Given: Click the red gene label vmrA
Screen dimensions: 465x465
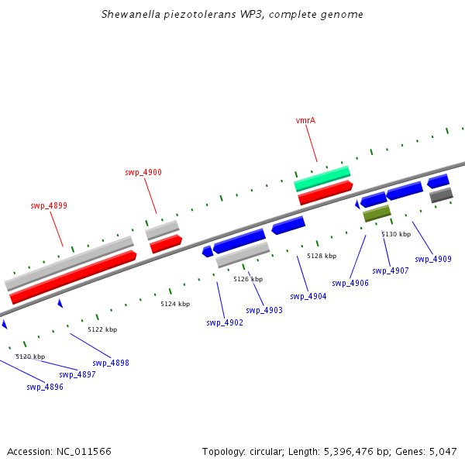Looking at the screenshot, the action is click(x=305, y=120).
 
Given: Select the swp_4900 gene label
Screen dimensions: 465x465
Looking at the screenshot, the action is click(x=143, y=172).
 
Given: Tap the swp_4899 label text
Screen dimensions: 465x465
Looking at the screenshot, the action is click(x=49, y=205).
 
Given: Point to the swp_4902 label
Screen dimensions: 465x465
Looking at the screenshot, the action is click(x=225, y=322).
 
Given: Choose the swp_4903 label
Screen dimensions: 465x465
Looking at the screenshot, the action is click(x=264, y=310).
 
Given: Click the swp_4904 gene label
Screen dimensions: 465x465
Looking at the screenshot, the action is click(x=308, y=296).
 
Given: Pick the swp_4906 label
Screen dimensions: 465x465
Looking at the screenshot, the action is click(x=350, y=283).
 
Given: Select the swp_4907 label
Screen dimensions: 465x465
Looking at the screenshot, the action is click(x=391, y=270).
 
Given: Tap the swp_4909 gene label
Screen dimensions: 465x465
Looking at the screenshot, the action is click(x=433, y=259).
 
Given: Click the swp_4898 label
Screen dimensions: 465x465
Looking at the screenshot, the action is click(x=111, y=363).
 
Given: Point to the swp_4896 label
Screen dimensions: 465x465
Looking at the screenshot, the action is click(x=45, y=387).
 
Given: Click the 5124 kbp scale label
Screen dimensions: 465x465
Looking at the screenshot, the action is click(x=175, y=304).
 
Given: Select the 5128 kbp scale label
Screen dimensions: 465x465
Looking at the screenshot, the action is click(x=322, y=256).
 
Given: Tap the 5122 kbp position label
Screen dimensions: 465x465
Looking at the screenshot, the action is click(x=102, y=329).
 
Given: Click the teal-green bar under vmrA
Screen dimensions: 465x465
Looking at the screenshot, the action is click(x=322, y=178).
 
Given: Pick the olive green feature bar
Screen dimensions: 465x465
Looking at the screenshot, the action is click(x=377, y=213).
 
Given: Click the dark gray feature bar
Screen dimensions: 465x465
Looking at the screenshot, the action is click(x=441, y=195).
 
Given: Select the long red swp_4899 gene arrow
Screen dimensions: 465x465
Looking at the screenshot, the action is click(x=74, y=277).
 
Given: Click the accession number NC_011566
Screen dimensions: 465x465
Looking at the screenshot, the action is click(x=84, y=452).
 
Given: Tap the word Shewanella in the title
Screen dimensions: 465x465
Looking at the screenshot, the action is click(x=131, y=14).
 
